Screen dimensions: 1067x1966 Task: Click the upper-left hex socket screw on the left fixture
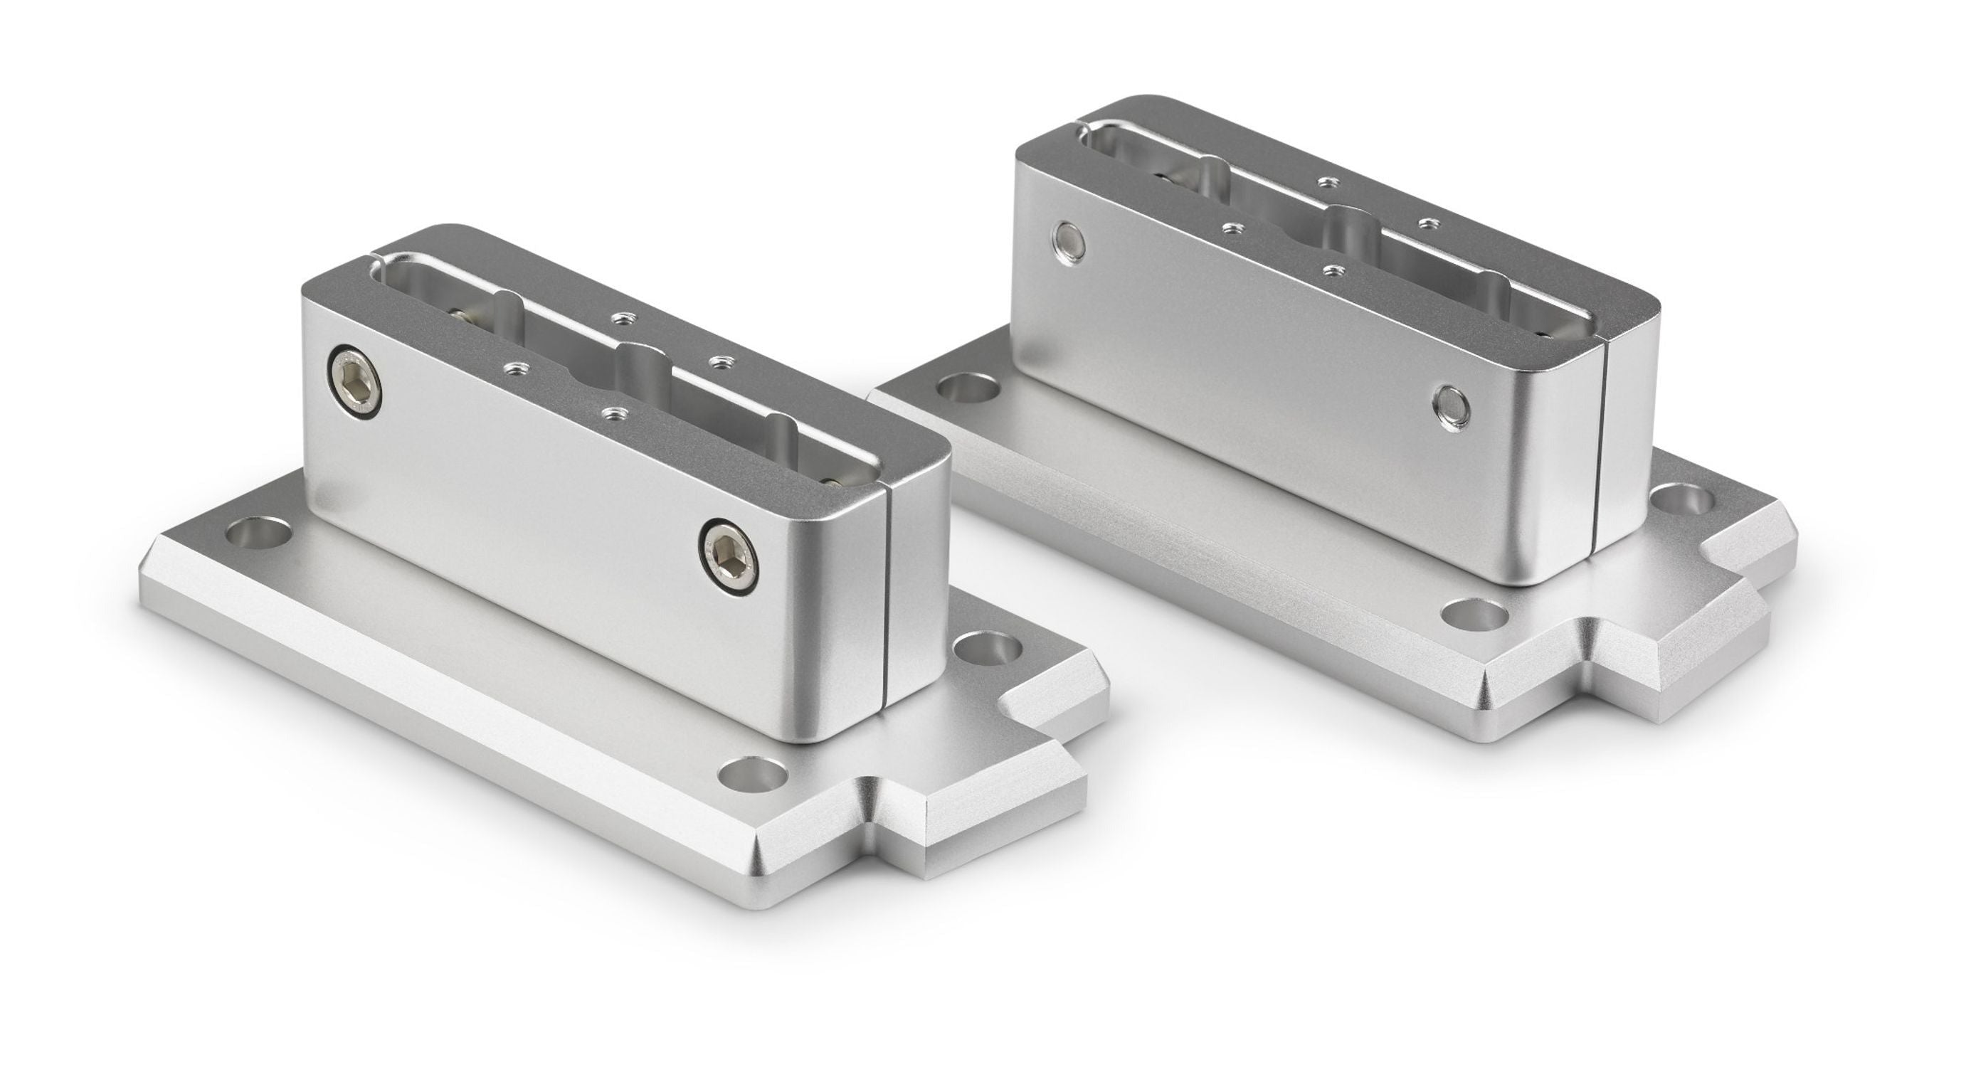coord(356,381)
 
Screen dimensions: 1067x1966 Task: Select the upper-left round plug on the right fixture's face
coord(1068,241)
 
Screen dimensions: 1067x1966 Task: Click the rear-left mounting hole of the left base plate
coord(261,531)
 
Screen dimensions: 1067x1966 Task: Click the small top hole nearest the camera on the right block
coord(1333,270)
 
